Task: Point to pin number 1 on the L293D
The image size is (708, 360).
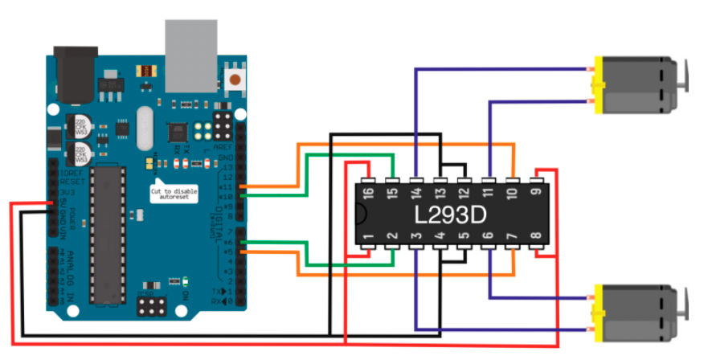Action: [367, 239]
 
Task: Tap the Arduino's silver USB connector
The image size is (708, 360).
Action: [191, 44]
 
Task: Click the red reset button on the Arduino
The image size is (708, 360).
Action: [236, 79]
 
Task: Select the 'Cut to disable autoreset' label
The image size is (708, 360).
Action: [174, 192]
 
